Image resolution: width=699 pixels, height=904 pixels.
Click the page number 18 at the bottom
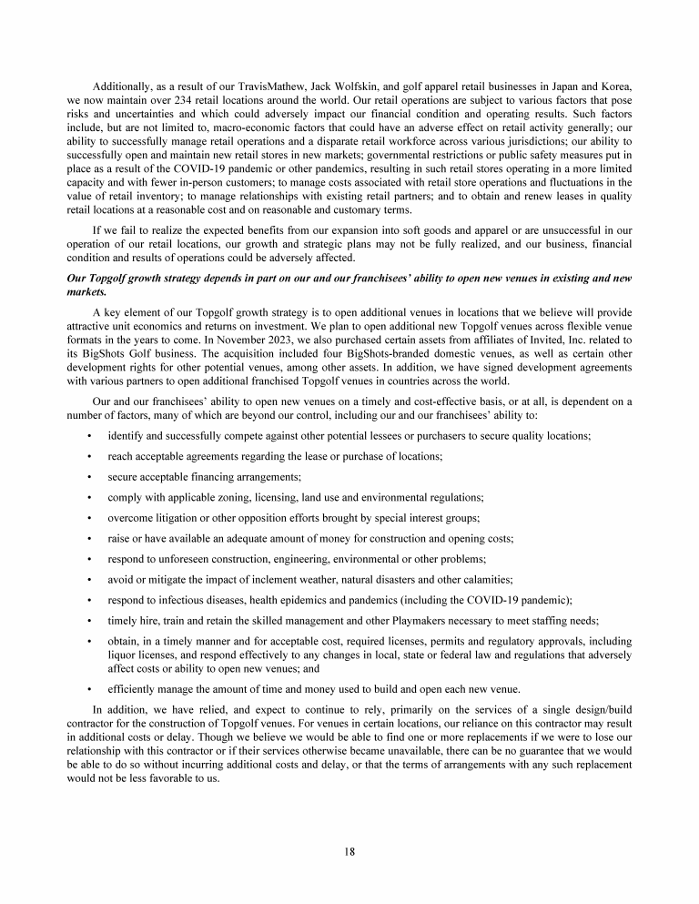(349, 851)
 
